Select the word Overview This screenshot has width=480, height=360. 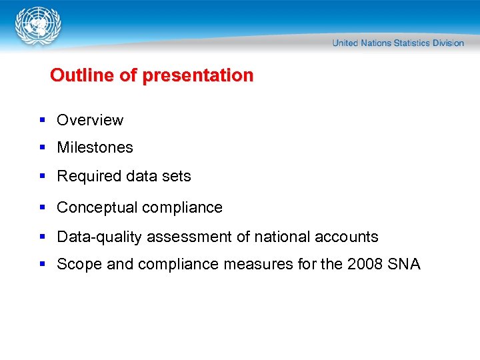click(x=90, y=120)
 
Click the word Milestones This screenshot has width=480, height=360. click(x=95, y=147)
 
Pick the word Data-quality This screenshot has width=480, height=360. click(x=99, y=237)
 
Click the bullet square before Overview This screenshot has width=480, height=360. click(x=42, y=120)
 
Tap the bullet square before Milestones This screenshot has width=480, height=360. click(x=42, y=147)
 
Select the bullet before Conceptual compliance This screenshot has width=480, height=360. click(x=42, y=207)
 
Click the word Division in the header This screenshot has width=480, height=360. click(x=448, y=43)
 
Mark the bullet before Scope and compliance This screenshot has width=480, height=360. click(x=42, y=264)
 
